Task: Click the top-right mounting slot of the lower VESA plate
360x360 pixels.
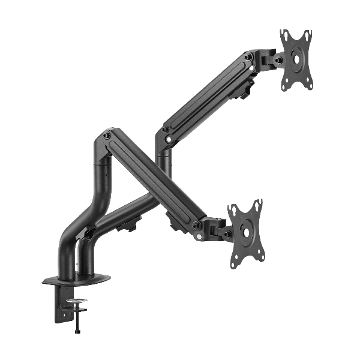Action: tap(259, 204)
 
